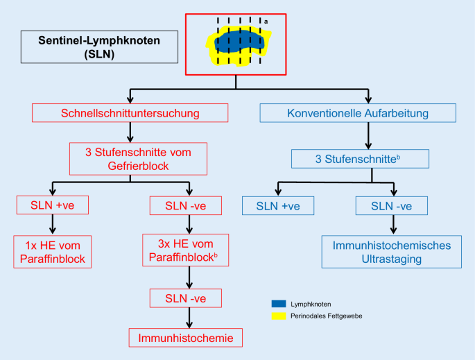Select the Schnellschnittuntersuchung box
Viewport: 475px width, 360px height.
coord(130,113)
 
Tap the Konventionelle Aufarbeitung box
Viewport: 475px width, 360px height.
coord(358,113)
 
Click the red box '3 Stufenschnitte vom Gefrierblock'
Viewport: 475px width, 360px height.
coord(130,159)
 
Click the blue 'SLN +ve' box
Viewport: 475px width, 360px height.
coord(278,205)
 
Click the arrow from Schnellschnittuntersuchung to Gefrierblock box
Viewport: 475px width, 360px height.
coord(130,132)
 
